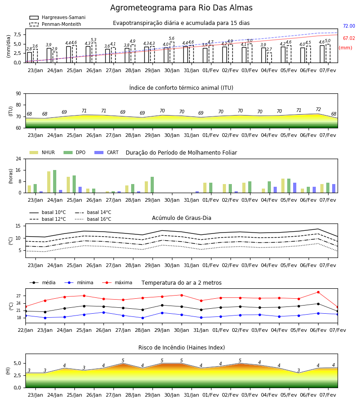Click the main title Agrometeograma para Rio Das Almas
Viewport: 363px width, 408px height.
[x=181, y=8]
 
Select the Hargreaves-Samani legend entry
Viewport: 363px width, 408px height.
[x=58, y=17]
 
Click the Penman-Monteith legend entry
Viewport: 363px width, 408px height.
[x=55, y=24]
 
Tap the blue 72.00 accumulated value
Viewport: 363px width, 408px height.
[x=349, y=26]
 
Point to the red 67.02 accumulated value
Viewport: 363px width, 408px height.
[x=349, y=38]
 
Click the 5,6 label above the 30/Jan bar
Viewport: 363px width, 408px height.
[x=172, y=39]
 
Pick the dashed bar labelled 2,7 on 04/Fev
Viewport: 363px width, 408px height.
[x=269, y=58]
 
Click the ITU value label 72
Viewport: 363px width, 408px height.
[x=318, y=109]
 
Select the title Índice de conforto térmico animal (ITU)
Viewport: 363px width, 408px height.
[x=181, y=87]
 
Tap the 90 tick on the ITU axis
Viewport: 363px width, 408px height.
[x=18, y=94]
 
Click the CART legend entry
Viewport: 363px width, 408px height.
[x=107, y=152]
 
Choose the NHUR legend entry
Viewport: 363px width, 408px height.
[x=42, y=152]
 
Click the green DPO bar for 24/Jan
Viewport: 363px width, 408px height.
[x=55, y=181]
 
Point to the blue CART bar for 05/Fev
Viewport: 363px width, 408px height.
[x=295, y=188]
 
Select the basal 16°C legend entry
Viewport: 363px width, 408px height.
[x=93, y=219]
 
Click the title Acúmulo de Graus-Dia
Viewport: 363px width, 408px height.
[x=181, y=218]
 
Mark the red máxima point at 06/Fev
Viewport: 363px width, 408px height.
[x=318, y=292]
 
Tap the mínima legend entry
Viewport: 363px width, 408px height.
[x=79, y=282]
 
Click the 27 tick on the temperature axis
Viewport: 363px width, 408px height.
[x=19, y=296]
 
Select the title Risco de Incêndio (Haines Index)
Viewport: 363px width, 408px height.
[x=181, y=348]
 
